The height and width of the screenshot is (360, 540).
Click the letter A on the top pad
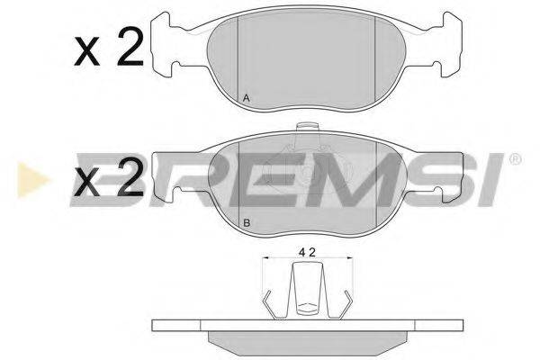click(x=247, y=98)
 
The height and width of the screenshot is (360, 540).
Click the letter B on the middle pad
click(x=247, y=223)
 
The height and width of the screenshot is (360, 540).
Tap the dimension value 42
click(x=307, y=253)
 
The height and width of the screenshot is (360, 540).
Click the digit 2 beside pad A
click(x=130, y=47)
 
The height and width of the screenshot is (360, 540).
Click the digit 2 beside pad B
click(x=130, y=179)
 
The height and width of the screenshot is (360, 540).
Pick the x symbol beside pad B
click(x=86, y=184)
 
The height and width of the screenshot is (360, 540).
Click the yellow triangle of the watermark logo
click(x=32, y=180)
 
